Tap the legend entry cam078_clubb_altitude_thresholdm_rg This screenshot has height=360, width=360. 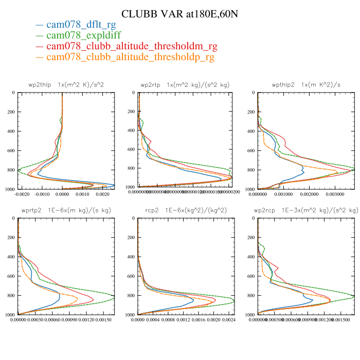coord(125,47)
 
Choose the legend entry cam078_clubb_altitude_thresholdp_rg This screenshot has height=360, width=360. coord(124,58)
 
